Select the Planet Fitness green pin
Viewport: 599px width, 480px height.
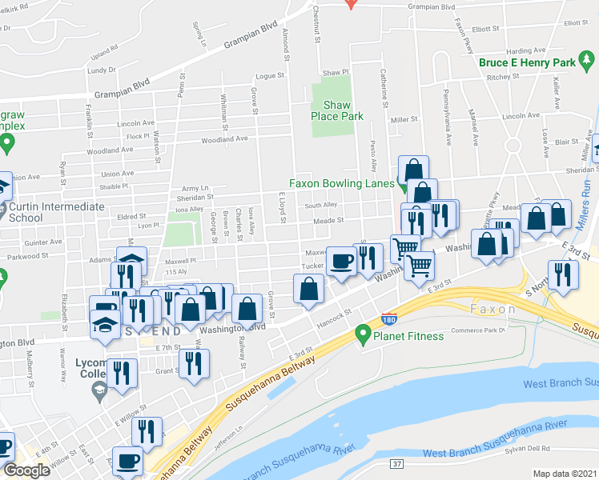tap(364, 332)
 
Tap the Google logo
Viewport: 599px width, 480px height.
tap(26, 470)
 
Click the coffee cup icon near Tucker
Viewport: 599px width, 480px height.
tap(342, 261)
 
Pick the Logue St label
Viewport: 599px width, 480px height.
tap(270, 76)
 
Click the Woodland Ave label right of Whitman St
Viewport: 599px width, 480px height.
tap(223, 139)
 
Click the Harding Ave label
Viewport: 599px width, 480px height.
tap(525, 50)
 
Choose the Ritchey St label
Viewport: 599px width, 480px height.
tap(504, 78)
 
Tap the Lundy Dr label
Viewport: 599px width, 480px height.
tap(102, 70)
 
